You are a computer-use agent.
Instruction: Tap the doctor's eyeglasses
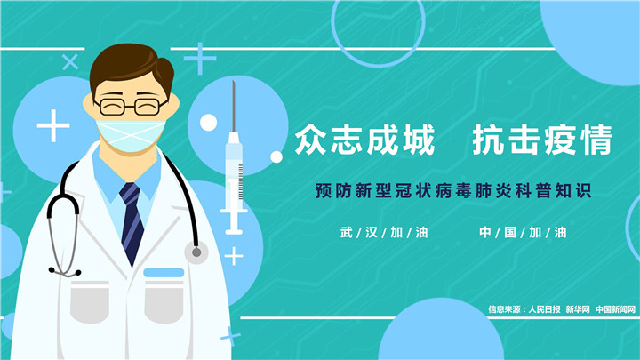(132, 107)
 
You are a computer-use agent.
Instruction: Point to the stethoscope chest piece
(196, 252)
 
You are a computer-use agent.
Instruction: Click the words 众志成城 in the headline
(365, 140)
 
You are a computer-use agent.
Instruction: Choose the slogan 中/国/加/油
(523, 233)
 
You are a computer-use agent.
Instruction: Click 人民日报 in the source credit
(544, 309)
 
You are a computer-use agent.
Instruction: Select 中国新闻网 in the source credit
(615, 309)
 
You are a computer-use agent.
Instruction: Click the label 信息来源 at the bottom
(504, 309)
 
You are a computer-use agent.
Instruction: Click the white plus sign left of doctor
(53, 125)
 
